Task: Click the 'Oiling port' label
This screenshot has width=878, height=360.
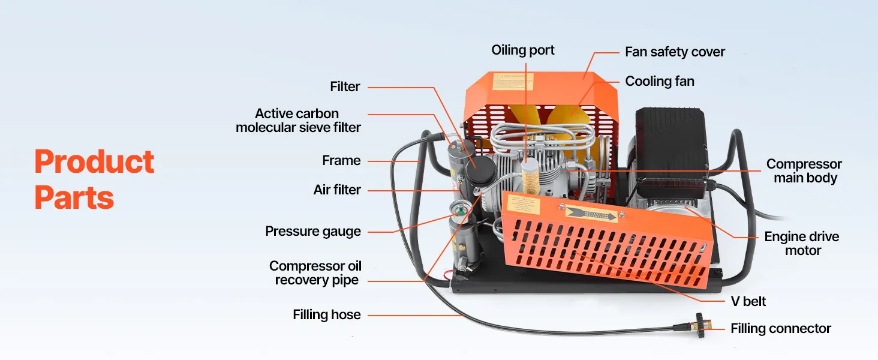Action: [523, 50]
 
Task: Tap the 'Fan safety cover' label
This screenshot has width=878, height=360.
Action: [675, 52]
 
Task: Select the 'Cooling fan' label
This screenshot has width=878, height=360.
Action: [660, 81]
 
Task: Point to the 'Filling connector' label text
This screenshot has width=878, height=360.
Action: [780, 328]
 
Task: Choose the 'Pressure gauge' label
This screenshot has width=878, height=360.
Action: [313, 231]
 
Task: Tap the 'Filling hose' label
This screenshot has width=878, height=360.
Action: [327, 314]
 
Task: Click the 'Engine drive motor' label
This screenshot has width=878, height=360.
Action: [802, 244]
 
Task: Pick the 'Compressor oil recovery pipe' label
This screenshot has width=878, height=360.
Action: [315, 273]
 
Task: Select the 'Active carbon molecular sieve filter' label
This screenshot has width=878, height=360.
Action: [298, 120]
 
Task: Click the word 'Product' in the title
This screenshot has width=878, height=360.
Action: [94, 162]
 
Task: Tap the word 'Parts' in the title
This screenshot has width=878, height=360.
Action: [74, 197]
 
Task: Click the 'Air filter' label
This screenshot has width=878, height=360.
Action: [337, 190]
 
